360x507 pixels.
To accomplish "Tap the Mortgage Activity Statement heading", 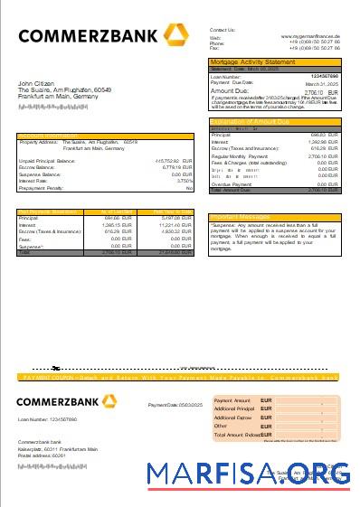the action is click(x=252, y=61).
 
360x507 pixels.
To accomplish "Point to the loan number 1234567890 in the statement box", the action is click(x=324, y=77).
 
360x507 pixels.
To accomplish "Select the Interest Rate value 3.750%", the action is click(x=185, y=181).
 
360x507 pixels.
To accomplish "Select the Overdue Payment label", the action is click(x=233, y=183).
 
